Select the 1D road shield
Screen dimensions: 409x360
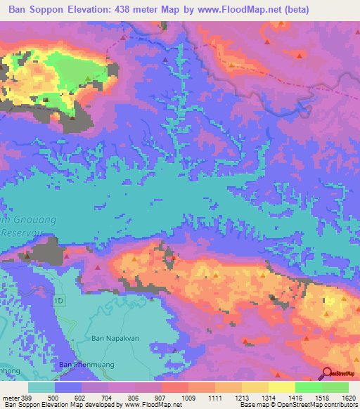coord(60,301)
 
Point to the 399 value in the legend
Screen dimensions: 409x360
coord(27,398)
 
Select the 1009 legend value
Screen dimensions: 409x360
coord(188,398)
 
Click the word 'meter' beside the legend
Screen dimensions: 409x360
coord(10,398)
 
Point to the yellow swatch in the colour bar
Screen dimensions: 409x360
coord(282,387)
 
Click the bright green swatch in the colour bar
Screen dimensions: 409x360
coord(309,387)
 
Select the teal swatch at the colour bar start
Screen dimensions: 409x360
coord(41,387)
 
